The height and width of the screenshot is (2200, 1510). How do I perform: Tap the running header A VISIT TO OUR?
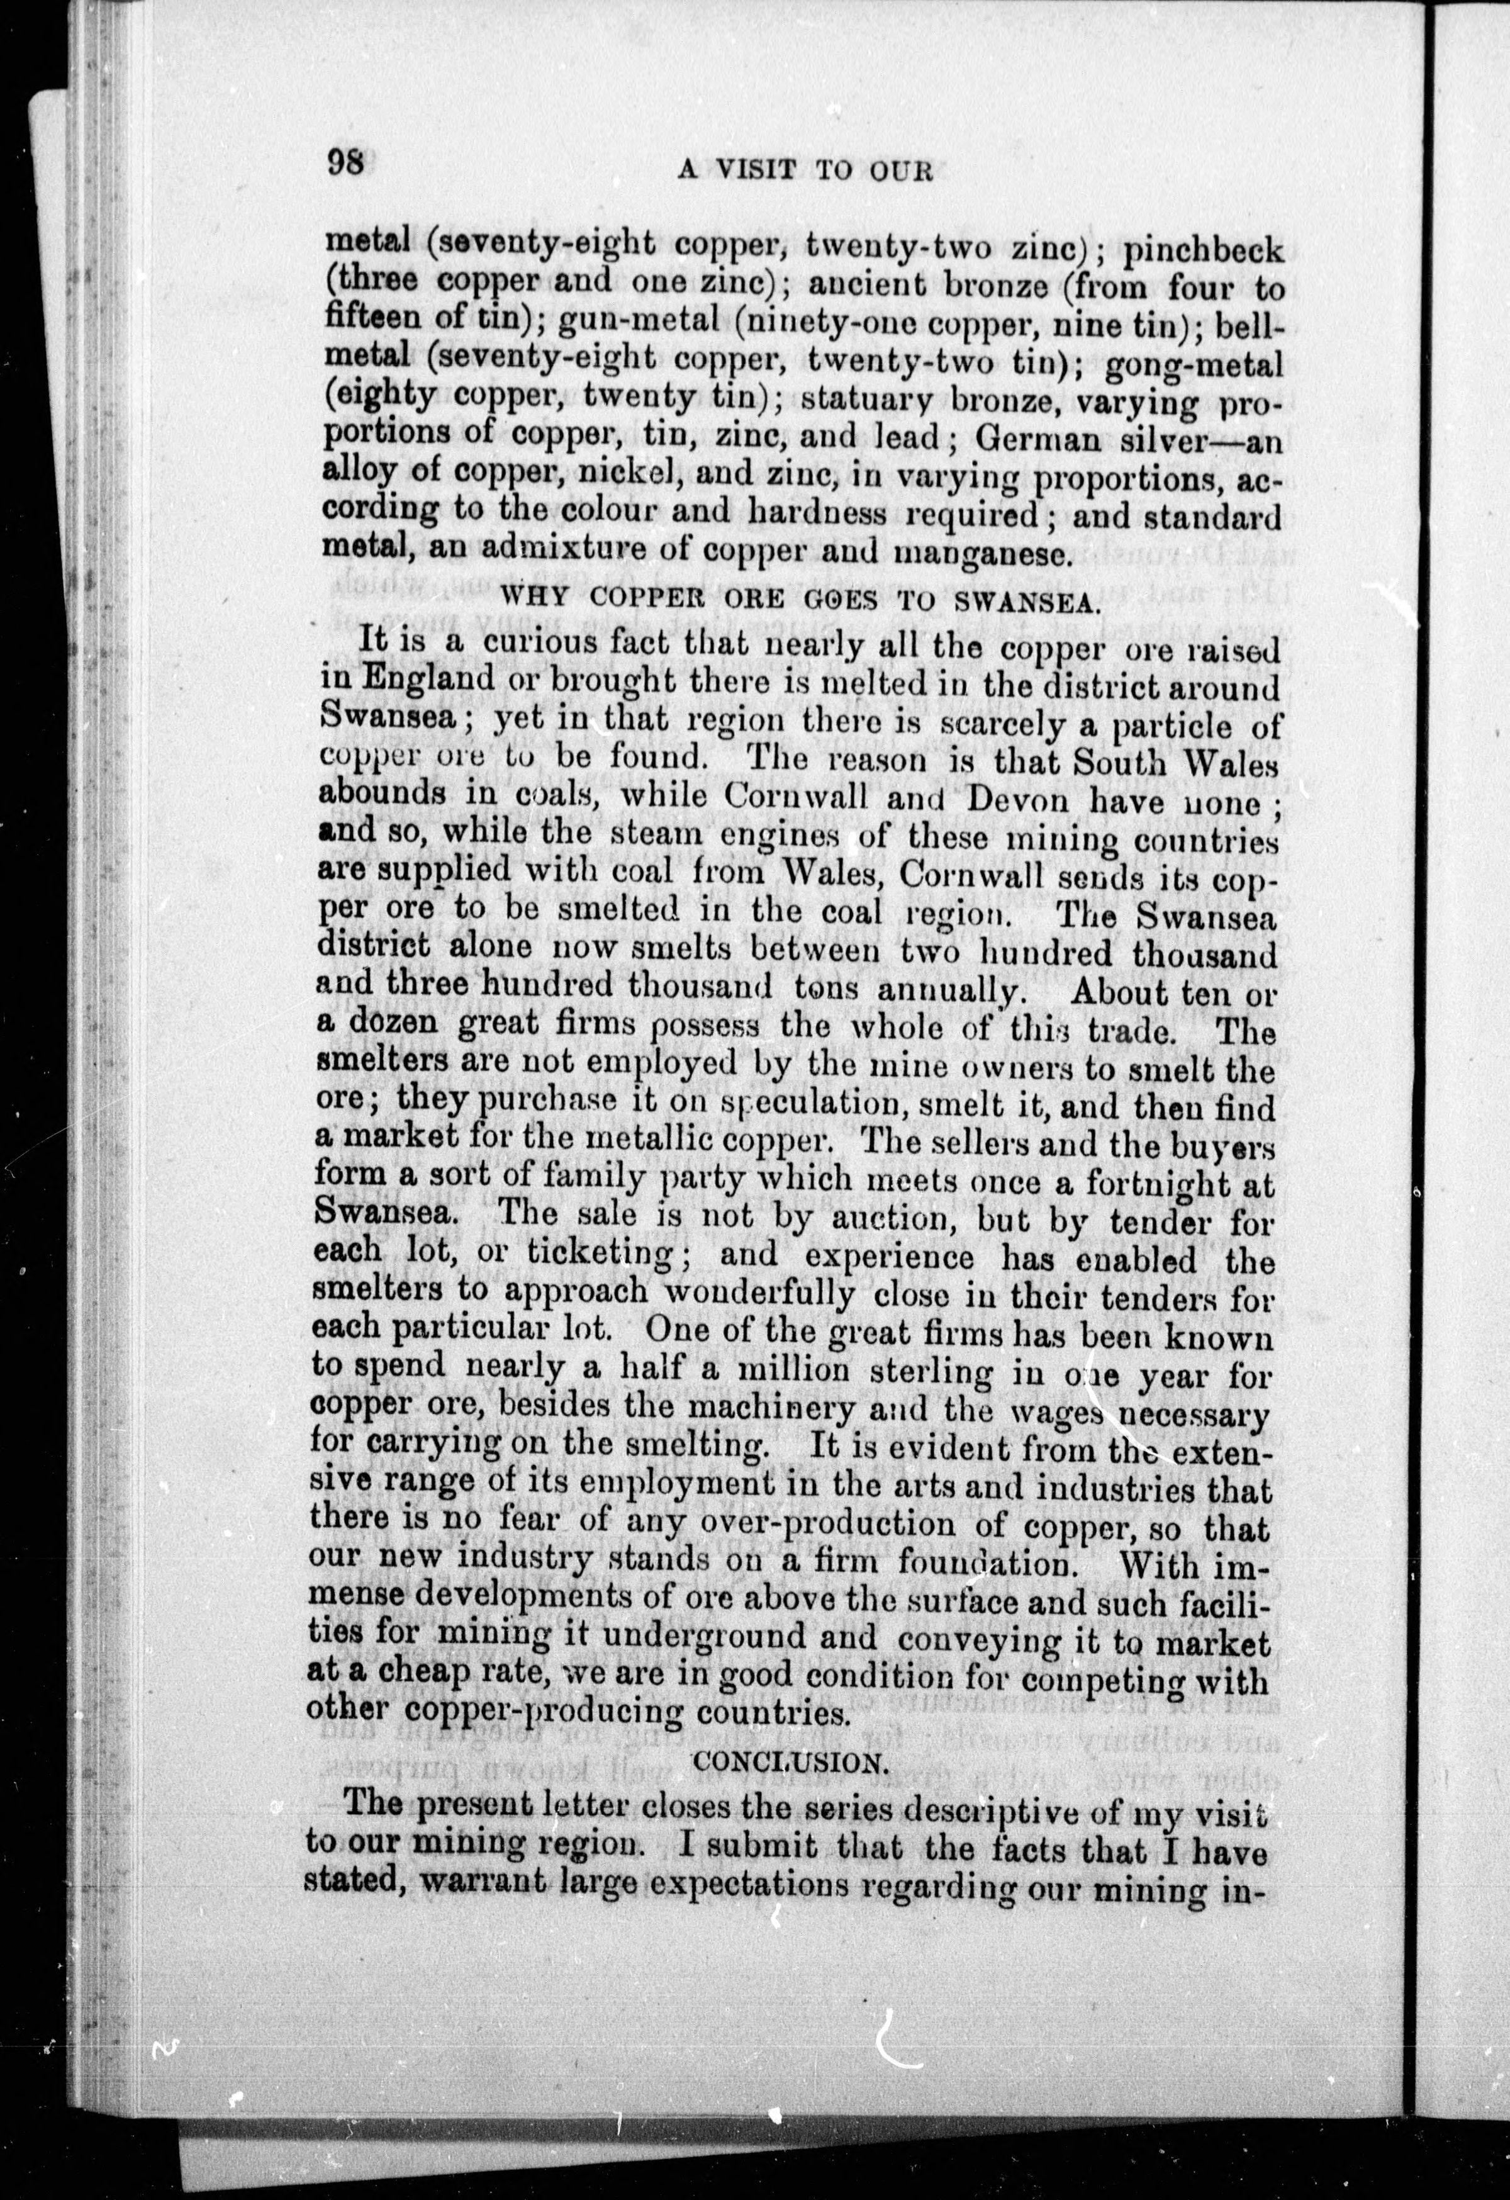[x=806, y=171]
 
